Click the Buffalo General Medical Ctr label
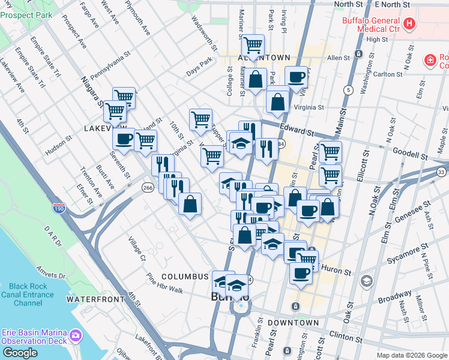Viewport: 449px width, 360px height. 371,24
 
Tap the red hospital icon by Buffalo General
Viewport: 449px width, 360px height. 409,24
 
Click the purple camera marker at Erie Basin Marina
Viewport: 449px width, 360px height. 76,334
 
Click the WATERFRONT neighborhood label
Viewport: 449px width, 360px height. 90,299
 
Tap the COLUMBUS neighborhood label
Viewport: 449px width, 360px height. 188,277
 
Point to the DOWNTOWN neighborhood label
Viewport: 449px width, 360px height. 293,323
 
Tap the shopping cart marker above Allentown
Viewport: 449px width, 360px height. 253,44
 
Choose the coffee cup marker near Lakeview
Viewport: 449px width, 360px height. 124,138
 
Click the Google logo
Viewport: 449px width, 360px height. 20,353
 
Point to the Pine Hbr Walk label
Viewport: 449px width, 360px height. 165,282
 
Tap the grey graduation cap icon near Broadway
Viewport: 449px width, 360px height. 366,281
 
